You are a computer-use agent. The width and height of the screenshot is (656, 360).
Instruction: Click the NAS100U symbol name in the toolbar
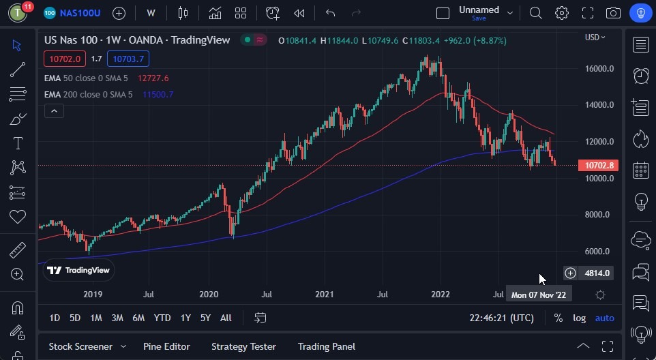pyautogui.click(x=80, y=13)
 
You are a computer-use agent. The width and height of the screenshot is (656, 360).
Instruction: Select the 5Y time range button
pyautogui.click(x=205, y=318)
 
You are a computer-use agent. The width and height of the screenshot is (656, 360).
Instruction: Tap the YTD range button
pyautogui.click(x=162, y=318)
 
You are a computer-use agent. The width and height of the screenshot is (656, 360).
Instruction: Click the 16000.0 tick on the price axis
pyautogui.click(x=599, y=68)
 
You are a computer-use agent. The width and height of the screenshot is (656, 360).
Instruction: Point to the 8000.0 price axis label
pyautogui.click(x=599, y=215)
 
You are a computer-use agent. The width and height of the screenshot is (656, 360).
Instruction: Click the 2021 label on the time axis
pyautogui.click(x=324, y=295)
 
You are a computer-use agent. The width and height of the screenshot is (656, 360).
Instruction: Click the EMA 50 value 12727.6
pyautogui.click(x=153, y=78)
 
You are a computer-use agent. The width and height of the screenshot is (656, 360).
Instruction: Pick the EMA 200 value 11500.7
pyautogui.click(x=158, y=94)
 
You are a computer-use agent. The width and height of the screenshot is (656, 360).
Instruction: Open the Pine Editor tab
pyautogui.click(x=166, y=346)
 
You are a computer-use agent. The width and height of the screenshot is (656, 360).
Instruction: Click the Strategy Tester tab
pyautogui.click(x=243, y=346)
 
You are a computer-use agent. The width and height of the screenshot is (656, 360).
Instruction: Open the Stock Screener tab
pyautogui.click(x=80, y=346)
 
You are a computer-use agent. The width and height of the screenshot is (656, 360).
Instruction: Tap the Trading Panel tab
pyautogui.click(x=326, y=346)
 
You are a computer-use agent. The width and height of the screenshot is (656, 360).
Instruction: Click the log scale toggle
pyautogui.click(x=579, y=318)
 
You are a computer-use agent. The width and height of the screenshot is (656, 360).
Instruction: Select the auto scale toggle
pyautogui.click(x=604, y=318)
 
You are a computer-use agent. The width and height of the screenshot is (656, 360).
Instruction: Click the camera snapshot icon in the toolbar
pyautogui.click(x=613, y=13)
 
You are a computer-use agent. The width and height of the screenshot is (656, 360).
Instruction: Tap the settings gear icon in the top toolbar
pyautogui.click(x=562, y=13)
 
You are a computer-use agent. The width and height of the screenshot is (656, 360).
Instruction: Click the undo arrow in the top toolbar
pyautogui.click(x=331, y=13)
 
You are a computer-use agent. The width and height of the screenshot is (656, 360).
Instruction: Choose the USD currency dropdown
pyautogui.click(x=595, y=37)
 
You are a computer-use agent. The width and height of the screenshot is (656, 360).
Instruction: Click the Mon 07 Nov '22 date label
pyautogui.click(x=539, y=295)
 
